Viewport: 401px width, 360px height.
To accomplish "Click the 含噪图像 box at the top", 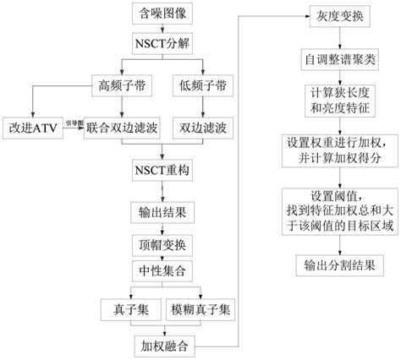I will pyautogui.click(x=163, y=14).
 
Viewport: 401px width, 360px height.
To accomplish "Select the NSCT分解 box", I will pyautogui.click(x=163, y=43).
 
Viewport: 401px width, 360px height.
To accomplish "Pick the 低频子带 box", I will pyautogui.click(x=202, y=86).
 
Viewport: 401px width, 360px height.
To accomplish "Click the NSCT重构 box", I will pyautogui.click(x=163, y=170).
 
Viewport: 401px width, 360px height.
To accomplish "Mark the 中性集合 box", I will pyautogui.click(x=163, y=270).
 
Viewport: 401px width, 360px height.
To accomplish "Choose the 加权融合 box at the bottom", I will pyautogui.click(x=163, y=345).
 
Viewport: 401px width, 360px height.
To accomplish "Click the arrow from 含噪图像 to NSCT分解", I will pyautogui.click(x=163, y=29).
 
